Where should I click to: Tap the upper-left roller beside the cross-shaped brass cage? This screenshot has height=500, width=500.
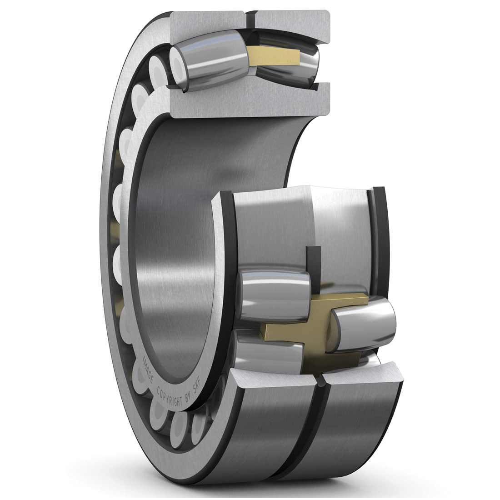coord(273,293)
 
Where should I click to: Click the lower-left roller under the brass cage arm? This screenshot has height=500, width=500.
coord(268,355)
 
